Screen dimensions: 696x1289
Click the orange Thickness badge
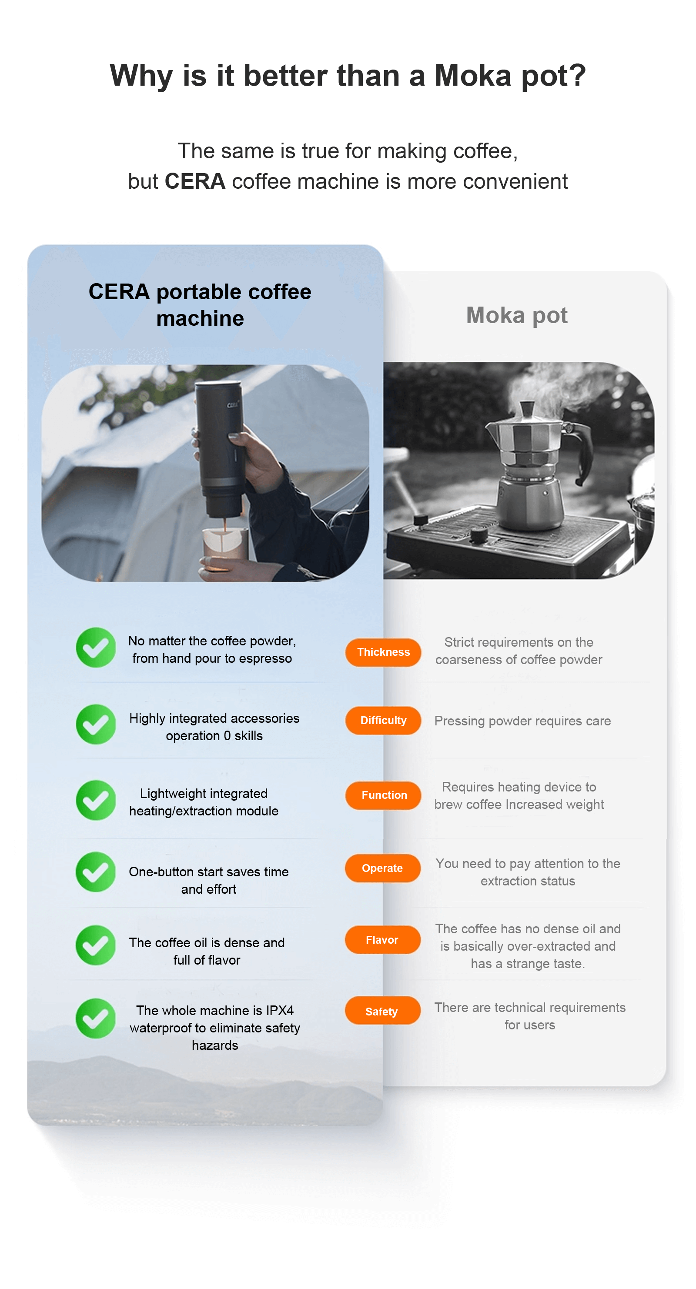tap(383, 652)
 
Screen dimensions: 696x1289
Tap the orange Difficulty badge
tap(383, 720)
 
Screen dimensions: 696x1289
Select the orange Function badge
tap(383, 795)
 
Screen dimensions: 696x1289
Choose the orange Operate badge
tap(382, 868)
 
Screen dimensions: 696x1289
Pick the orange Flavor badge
tap(382, 940)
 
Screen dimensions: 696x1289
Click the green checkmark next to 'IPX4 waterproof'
tap(96, 1019)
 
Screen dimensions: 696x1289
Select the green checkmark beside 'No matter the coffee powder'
tap(96, 648)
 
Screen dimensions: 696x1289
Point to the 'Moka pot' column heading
tap(516, 315)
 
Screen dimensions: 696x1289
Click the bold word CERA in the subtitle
tap(194, 181)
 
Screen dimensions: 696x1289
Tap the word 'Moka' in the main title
tap(473, 76)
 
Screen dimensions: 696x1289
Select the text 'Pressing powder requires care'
tap(522, 721)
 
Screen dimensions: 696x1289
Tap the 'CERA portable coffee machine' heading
tap(200, 305)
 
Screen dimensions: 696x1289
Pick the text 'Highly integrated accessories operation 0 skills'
tap(214, 727)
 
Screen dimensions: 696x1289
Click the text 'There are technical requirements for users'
tap(530, 1016)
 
